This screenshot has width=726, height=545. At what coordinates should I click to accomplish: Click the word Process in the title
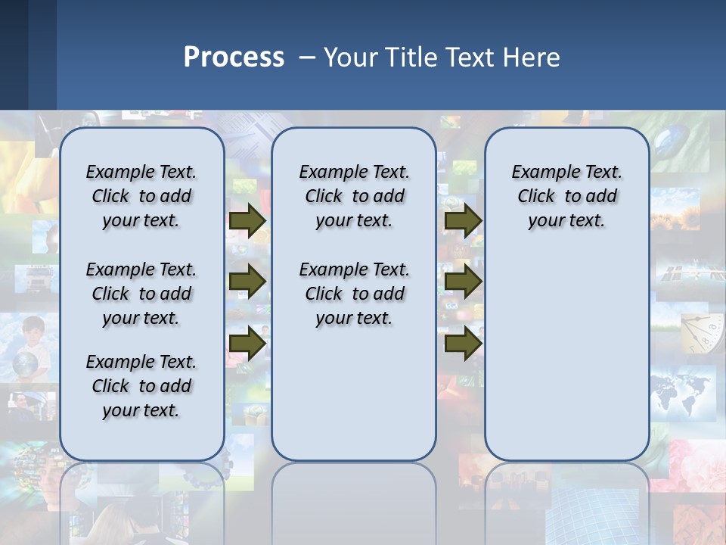(234, 58)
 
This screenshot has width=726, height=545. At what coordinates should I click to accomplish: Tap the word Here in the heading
(534, 58)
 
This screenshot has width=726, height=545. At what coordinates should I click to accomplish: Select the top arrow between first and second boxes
(247, 220)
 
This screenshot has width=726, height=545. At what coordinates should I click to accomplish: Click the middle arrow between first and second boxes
(247, 282)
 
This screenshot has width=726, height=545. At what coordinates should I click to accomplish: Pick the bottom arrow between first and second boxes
(247, 343)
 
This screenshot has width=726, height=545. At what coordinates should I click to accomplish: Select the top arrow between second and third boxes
(463, 220)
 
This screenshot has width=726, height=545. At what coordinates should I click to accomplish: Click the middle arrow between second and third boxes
(463, 282)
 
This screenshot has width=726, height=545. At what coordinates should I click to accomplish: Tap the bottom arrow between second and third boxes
(463, 343)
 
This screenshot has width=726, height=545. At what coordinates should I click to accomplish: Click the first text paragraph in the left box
(141, 196)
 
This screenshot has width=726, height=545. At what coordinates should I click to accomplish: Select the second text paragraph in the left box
(141, 294)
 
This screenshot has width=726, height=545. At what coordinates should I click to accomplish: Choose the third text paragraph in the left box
(141, 386)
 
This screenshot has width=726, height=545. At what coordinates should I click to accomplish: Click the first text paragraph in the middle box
(354, 196)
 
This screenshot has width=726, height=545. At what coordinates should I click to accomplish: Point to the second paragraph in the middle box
(354, 294)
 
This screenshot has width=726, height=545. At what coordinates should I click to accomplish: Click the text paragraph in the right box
(566, 196)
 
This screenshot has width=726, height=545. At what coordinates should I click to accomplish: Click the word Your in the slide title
(352, 58)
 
